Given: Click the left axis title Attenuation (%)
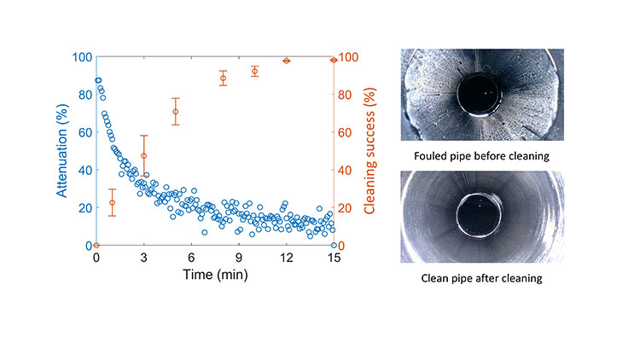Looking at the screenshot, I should point(65,152).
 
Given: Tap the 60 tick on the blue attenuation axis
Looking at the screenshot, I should point(84,132).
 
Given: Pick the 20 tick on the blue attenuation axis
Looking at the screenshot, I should point(84,208).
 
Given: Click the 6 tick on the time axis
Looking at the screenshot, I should point(192,258).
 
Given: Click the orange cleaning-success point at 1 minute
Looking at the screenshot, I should point(112,202).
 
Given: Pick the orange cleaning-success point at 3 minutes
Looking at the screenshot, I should point(144,155).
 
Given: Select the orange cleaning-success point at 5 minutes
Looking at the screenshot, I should point(176,112).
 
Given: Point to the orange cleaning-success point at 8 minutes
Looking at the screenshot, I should point(223,78).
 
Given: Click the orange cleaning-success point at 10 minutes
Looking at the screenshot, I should point(254,71).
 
